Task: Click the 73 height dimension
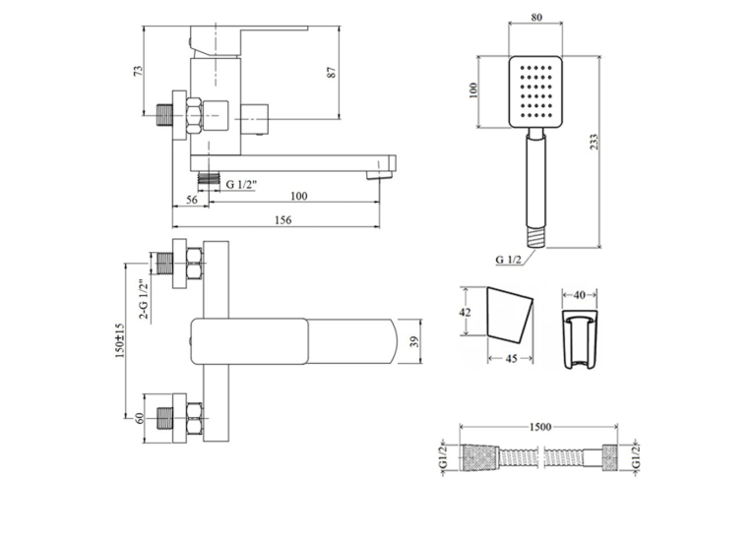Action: (x=139, y=70)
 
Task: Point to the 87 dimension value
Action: (x=333, y=72)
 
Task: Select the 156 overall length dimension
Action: (x=282, y=219)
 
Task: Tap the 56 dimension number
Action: (x=192, y=200)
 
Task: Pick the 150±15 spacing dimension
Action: (x=119, y=340)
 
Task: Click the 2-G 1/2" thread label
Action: (x=144, y=300)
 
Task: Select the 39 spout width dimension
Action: (x=414, y=341)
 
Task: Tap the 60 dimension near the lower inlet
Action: (x=140, y=418)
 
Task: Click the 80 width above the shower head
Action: (x=536, y=18)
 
